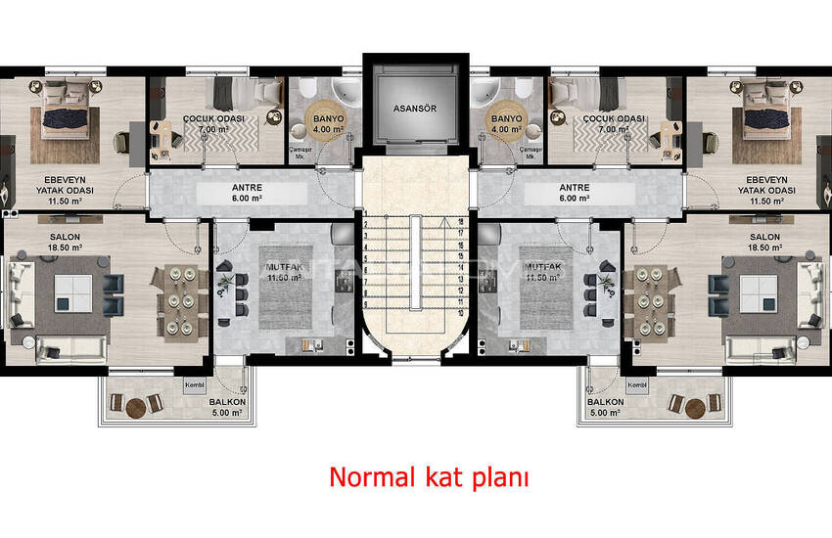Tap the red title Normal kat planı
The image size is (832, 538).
tap(429, 477)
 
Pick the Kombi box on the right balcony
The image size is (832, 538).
tap(637, 385)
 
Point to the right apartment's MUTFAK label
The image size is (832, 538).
tap(545, 270)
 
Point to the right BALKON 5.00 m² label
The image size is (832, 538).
tap(605, 408)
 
